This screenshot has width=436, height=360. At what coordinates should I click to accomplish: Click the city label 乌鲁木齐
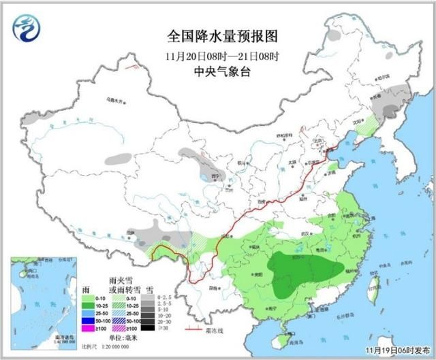tap(116, 101)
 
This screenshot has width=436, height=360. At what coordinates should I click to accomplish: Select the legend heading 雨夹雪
tap(119, 279)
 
